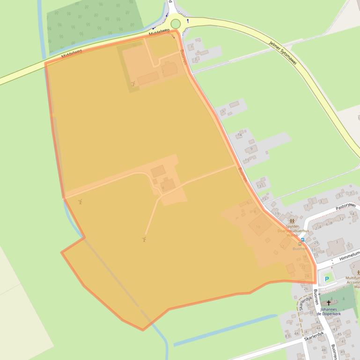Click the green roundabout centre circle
(176, 24)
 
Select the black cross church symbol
(329, 303)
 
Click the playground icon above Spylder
(292, 220)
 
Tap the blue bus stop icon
(302, 239)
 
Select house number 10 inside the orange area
(258, 227)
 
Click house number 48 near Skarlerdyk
(323, 350)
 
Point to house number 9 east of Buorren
(251, 149)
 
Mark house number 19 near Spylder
(277, 214)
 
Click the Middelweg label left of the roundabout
(158, 34)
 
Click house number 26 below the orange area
(305, 289)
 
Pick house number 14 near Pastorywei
(353, 214)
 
